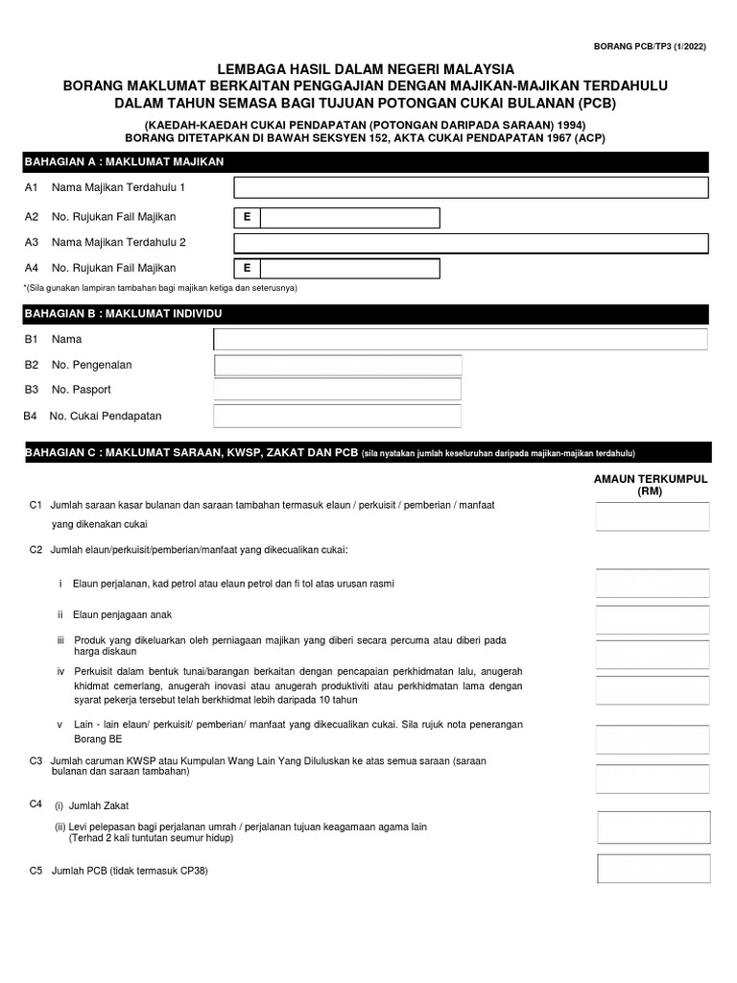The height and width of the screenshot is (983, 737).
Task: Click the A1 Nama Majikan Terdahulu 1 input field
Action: (x=470, y=187)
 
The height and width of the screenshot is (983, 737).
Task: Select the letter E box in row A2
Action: (x=247, y=218)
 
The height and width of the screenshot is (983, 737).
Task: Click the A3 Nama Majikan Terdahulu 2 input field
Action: (x=470, y=243)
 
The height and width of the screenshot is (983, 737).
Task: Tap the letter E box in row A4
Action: (x=247, y=268)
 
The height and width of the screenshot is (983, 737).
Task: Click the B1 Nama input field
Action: (x=461, y=339)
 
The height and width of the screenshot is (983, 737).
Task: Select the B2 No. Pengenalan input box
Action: (x=338, y=365)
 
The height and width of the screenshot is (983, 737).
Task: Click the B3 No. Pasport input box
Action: (x=338, y=389)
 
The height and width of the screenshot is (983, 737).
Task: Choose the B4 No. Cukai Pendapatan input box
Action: (x=338, y=416)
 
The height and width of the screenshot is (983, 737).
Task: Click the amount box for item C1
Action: (x=653, y=516)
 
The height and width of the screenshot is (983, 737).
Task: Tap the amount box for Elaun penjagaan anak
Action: (x=653, y=619)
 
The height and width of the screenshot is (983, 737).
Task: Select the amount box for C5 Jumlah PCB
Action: (x=654, y=869)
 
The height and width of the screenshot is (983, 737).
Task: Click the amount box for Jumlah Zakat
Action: (x=654, y=827)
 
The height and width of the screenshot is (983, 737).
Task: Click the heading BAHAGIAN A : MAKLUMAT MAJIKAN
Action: (x=125, y=161)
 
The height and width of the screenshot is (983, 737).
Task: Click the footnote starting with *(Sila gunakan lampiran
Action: (x=160, y=288)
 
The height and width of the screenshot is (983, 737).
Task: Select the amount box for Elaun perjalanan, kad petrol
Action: (x=653, y=584)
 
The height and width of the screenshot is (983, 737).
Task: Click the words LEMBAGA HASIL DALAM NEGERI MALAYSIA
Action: (x=365, y=69)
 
